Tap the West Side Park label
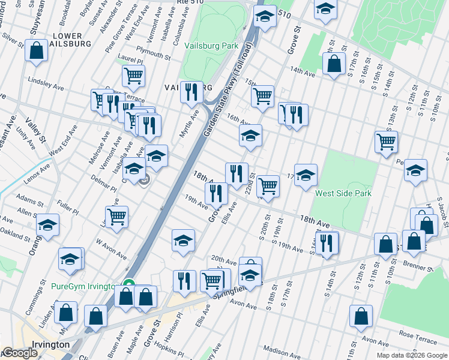[343, 193]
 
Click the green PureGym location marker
[128, 285]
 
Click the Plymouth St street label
[154, 52]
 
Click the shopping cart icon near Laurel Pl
[133, 76]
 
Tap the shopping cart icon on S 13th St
[387, 142]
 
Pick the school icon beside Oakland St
[47, 226]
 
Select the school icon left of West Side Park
[306, 175]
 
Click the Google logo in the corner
[20, 353]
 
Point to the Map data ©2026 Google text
[412, 355]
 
